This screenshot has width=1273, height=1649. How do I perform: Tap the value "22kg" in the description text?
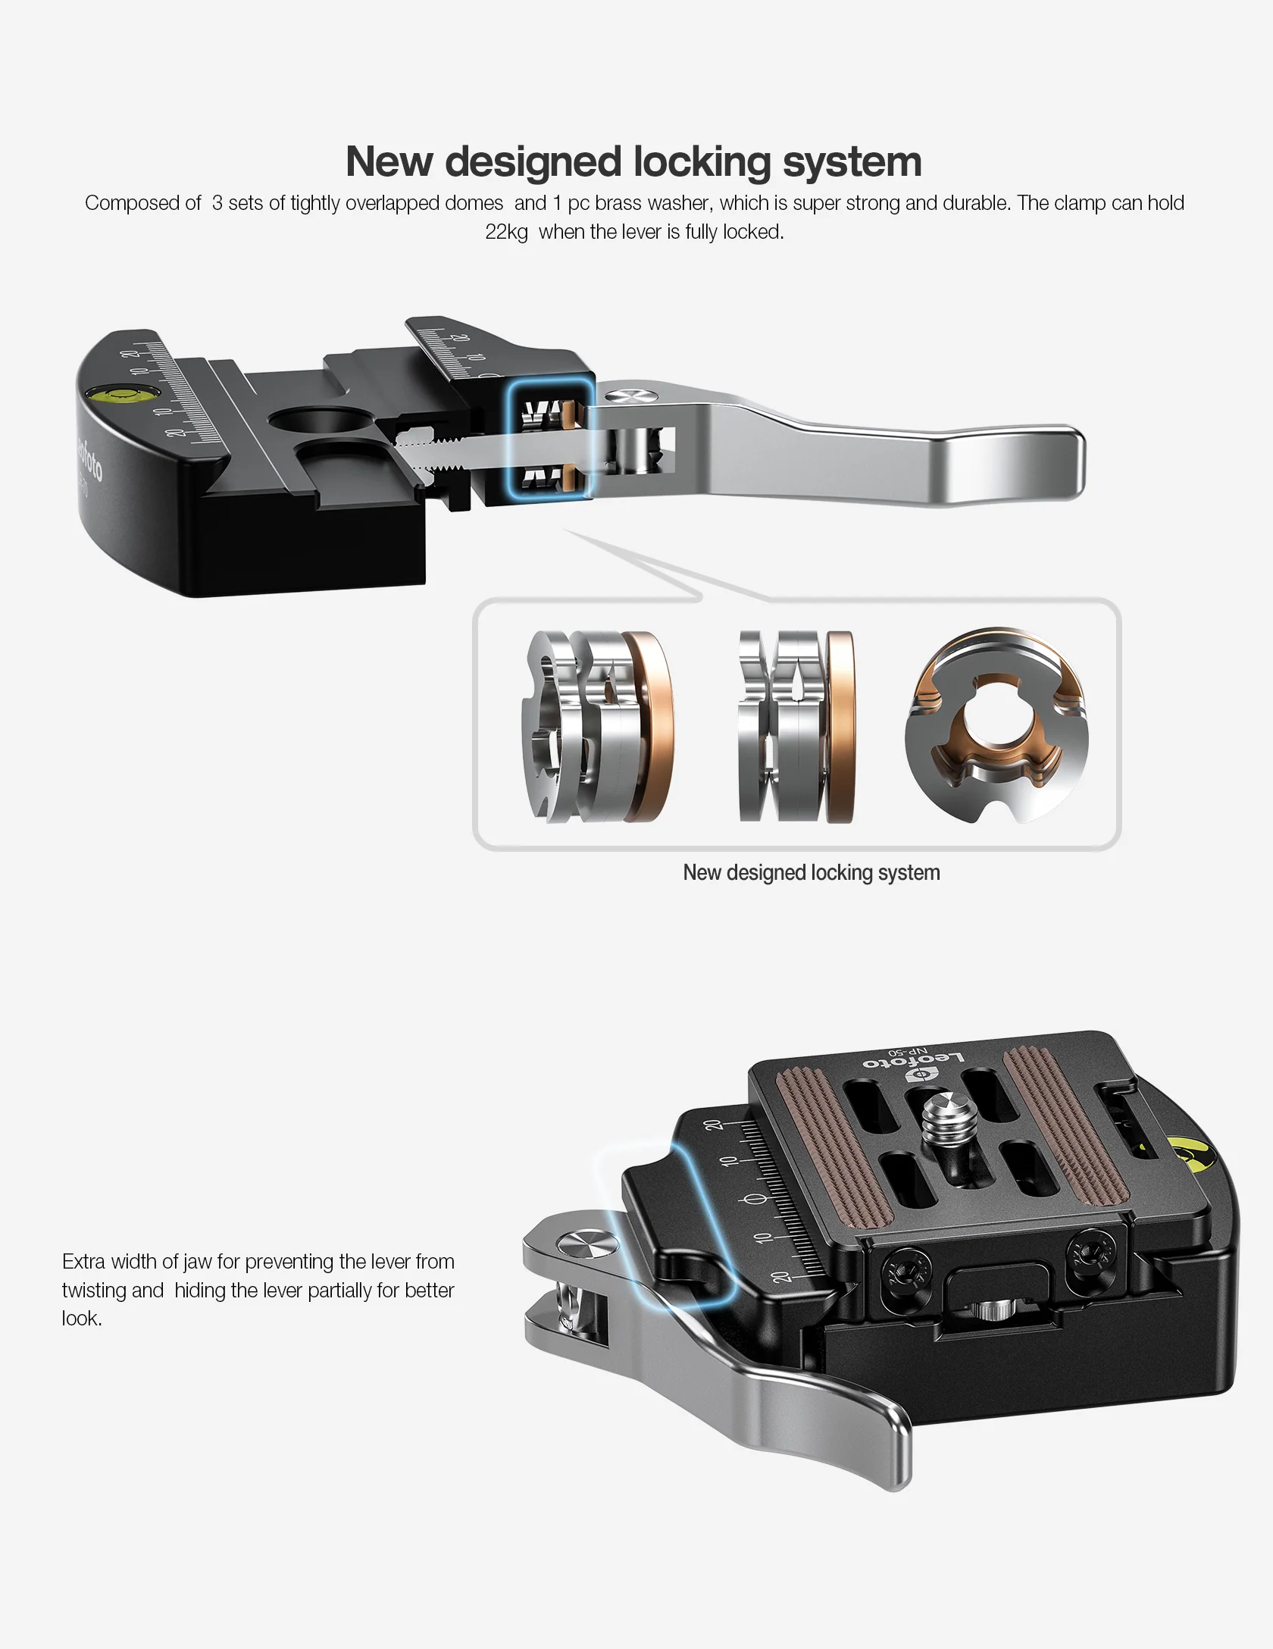tap(506, 232)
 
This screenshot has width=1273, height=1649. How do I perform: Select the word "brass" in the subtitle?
tap(618, 203)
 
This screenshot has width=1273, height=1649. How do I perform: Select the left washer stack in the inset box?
tap(596, 727)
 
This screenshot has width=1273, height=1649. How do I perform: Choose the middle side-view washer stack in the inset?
tap(796, 727)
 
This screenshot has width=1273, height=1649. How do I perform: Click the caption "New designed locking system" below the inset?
tap(811, 873)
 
